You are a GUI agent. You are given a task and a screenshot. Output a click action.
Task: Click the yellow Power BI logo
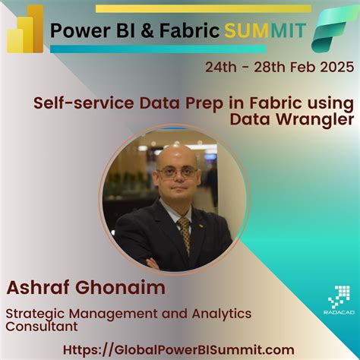[x=24, y=28]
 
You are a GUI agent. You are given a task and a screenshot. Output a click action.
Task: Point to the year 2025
[x=336, y=67]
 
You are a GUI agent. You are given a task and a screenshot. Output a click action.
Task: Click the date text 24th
[x=221, y=67]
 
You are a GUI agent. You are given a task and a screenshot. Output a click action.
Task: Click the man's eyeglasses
[x=177, y=172]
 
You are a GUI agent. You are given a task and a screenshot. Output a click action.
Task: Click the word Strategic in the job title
[x=34, y=314]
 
